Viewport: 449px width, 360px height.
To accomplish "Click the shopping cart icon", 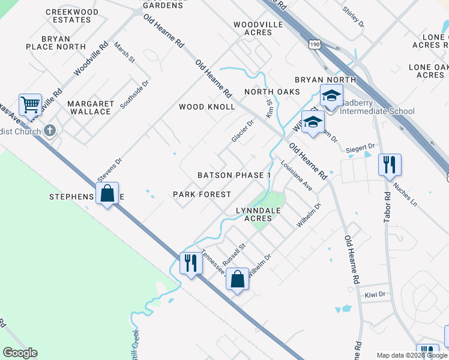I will click(30, 106).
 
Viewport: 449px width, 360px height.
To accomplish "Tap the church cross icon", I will click(51, 130).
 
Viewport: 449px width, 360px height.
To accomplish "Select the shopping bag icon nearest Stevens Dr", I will click(107, 194).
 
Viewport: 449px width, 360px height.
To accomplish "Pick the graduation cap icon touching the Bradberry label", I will click(331, 96).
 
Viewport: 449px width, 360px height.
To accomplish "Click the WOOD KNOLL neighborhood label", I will click(207, 107).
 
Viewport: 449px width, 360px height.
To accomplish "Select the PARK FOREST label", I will click(202, 194).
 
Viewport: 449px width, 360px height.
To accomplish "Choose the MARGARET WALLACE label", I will click(90, 107).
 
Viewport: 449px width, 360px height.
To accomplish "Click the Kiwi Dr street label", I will click(374, 295).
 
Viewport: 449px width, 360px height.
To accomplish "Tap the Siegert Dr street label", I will click(360, 147).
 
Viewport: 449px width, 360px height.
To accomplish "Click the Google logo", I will click(20, 353).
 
